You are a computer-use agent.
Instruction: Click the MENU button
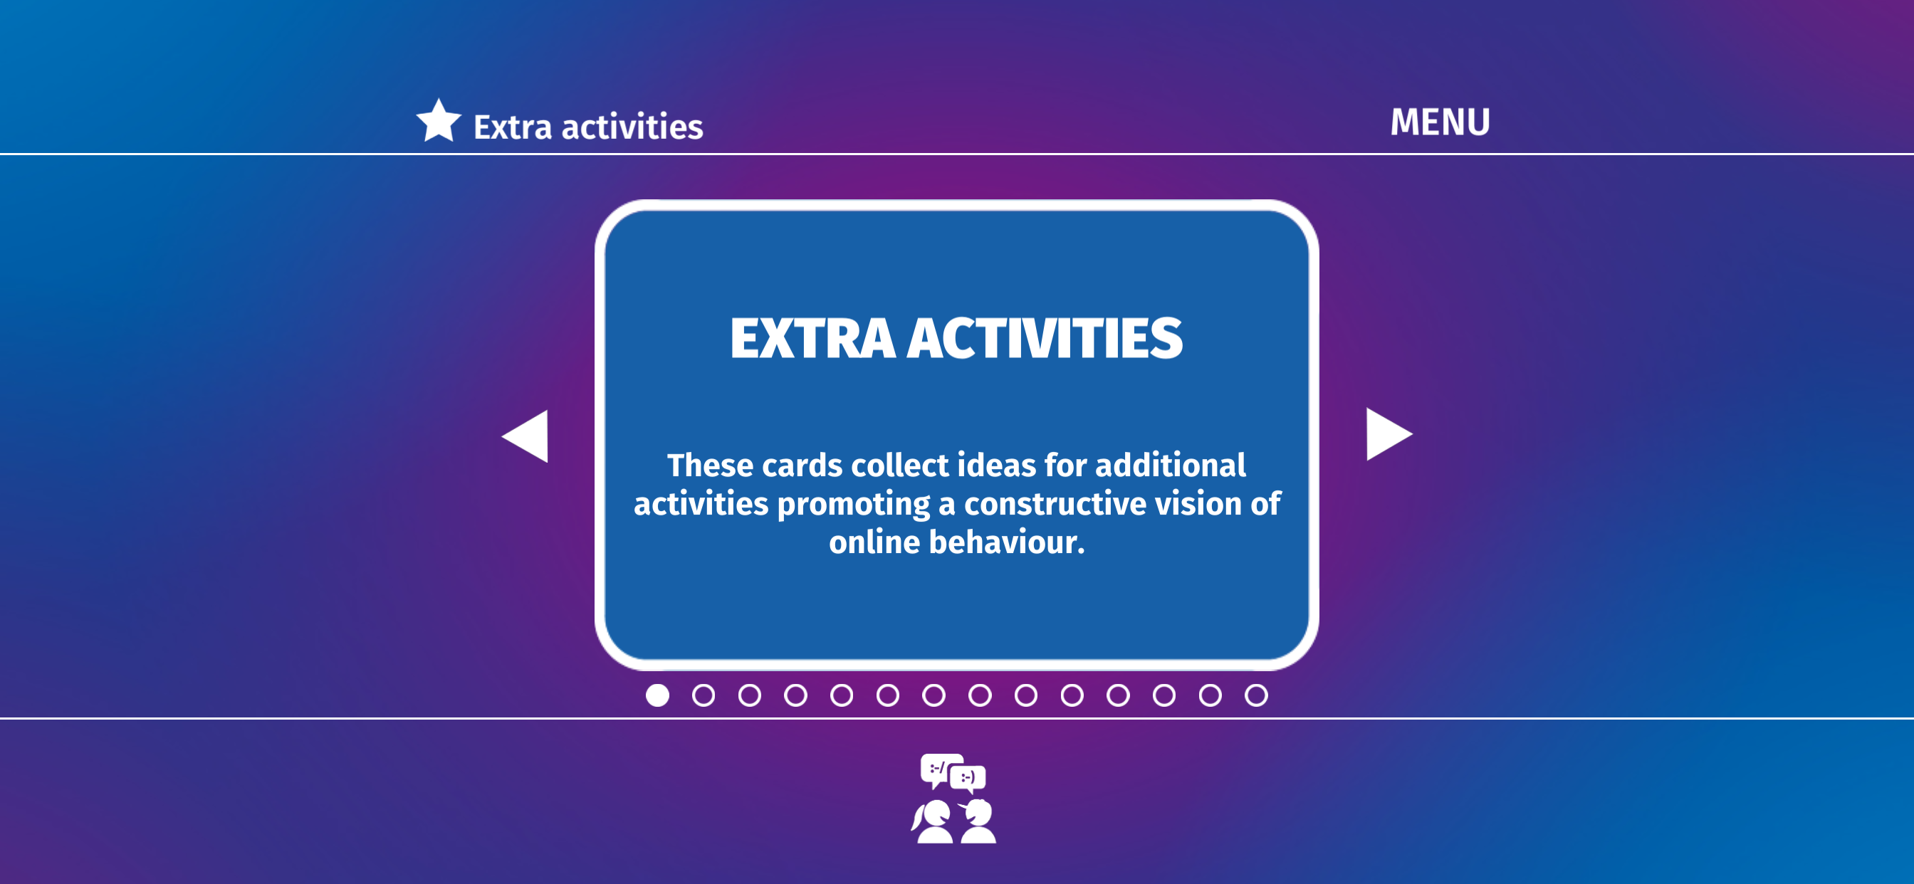(1440, 122)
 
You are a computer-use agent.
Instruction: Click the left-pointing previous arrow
(525, 436)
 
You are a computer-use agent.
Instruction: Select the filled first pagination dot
(657, 695)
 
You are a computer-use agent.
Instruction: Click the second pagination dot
(704, 695)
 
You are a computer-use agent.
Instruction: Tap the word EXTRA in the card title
(812, 339)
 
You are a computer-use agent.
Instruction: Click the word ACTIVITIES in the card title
(1045, 339)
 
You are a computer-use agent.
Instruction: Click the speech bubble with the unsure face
(937, 769)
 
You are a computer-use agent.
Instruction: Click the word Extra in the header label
(513, 127)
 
